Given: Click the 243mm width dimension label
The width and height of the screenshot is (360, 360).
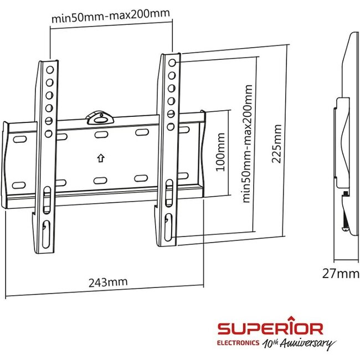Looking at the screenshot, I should [x=108, y=282].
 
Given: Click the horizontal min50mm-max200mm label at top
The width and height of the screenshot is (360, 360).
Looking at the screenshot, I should [x=111, y=16].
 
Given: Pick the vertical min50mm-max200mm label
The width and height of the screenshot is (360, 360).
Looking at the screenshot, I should [x=248, y=143].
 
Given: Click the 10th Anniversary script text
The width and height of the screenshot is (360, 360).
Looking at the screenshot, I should [x=299, y=343].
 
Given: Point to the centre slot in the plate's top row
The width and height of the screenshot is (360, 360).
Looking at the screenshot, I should [x=100, y=135].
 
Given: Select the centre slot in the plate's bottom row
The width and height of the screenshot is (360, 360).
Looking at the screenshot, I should [x=100, y=179].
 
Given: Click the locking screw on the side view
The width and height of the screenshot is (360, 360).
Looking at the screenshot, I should [x=346, y=194].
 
